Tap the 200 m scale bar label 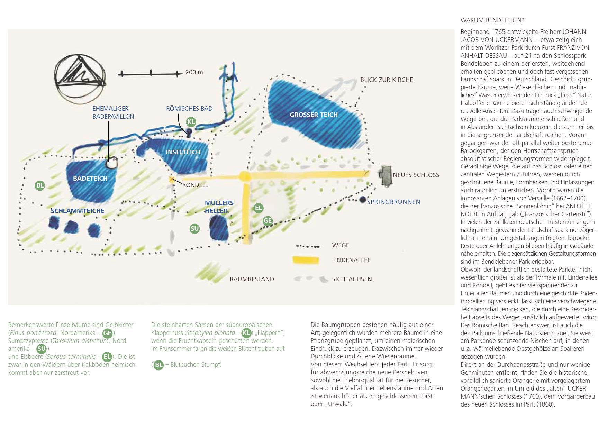[194, 72]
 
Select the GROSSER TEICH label [314, 115]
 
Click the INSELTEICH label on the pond [183, 152]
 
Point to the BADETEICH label [90, 179]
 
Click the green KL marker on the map [191, 121]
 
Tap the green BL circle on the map [40, 185]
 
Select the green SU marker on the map [195, 228]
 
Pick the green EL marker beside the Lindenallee [259, 208]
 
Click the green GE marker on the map [268, 221]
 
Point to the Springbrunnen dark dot [362, 200]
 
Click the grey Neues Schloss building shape [384, 176]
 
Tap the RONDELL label [195, 185]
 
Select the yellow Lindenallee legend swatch [306, 260]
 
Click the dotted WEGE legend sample [308, 246]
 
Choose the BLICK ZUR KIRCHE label [387, 80]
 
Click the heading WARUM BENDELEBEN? [492, 20]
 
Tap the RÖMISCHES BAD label [189, 109]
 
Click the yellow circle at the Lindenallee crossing [245, 176]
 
